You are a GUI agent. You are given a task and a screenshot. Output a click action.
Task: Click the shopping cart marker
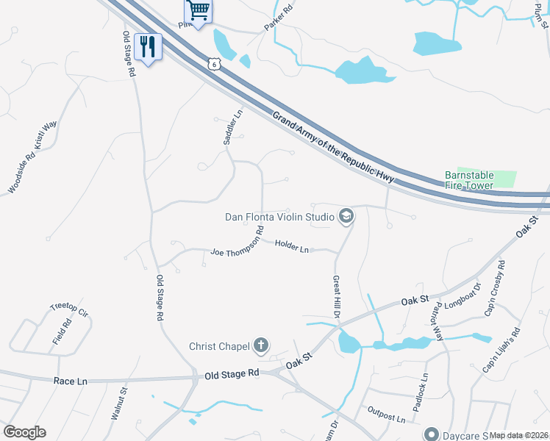(x=197, y=10)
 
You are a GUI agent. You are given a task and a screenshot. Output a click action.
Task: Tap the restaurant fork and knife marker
(x=149, y=47)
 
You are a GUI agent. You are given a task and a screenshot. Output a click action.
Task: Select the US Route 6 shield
(x=213, y=64)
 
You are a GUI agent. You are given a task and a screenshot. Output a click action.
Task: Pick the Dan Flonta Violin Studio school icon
(x=346, y=216)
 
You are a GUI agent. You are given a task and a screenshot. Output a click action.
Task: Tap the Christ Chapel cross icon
(x=260, y=345)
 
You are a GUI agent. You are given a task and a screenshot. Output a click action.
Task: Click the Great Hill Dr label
(x=336, y=297)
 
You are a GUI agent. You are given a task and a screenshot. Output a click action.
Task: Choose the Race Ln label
(x=71, y=381)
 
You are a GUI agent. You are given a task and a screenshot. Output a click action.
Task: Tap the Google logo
(x=24, y=432)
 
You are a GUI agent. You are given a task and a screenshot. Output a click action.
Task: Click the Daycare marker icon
(x=432, y=435)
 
